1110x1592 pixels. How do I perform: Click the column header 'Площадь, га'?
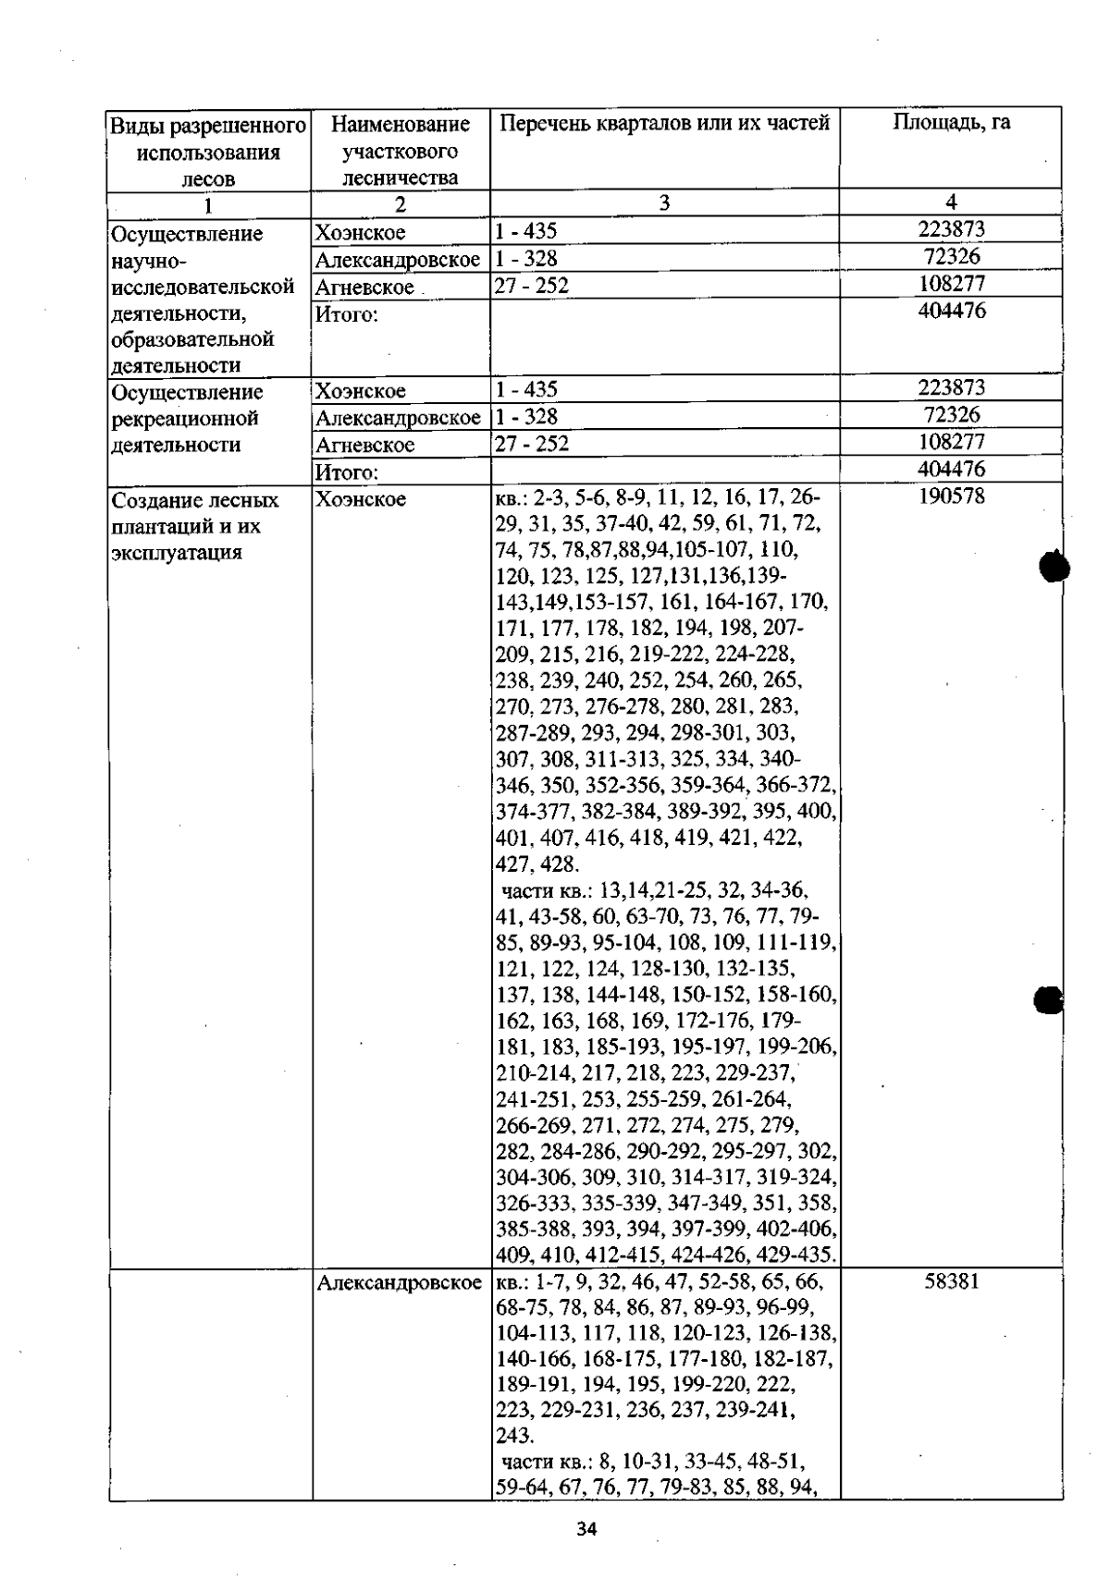click(951, 123)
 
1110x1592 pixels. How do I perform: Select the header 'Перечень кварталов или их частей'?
click(664, 123)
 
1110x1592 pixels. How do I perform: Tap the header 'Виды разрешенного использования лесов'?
click(208, 152)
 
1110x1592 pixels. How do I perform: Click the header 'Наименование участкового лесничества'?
click(400, 151)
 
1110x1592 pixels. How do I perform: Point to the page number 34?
click(586, 1528)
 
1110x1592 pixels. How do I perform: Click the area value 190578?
click(951, 496)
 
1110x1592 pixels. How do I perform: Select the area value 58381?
click(951, 1282)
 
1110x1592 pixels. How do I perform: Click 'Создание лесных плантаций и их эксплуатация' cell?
click(195, 526)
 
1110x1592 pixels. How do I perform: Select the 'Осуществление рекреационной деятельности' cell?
click(185, 419)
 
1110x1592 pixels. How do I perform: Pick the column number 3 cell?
click(664, 203)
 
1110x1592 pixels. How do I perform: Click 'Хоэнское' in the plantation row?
click(361, 499)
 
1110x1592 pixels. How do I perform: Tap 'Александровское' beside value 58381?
click(399, 1283)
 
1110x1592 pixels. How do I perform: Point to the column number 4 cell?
click(951, 202)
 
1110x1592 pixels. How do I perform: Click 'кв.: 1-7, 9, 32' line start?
click(555, 1283)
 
